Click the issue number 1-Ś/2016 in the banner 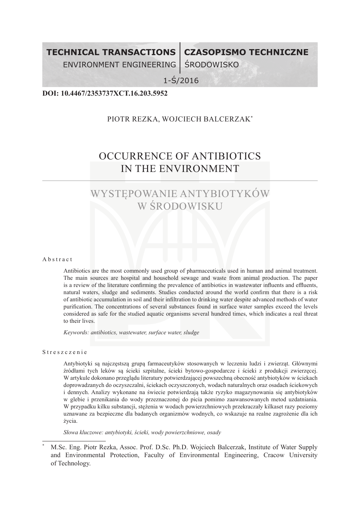coord(181,81)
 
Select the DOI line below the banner coord(105,94)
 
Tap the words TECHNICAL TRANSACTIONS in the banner coord(111,52)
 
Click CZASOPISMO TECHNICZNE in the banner coord(246,52)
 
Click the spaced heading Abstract coord(57,259)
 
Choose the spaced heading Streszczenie coord(65,352)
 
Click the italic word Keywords coord(76,332)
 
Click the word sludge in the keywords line coord(191,332)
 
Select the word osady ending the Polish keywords coord(214,432)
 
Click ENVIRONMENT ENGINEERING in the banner coord(119,65)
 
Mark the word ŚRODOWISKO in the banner coord(211,65)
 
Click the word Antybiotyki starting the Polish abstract coord(77,363)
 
